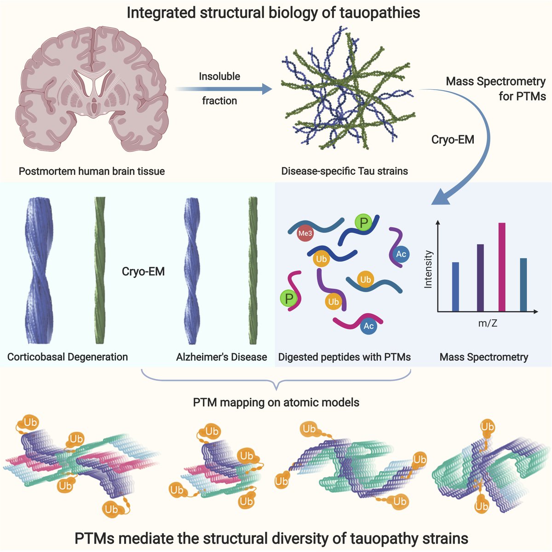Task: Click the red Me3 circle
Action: (x=305, y=233)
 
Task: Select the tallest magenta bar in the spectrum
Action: (x=502, y=267)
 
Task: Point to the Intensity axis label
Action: (x=428, y=269)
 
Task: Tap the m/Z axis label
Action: (x=488, y=323)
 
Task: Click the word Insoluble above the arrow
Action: (x=219, y=76)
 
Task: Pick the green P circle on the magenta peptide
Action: (x=289, y=299)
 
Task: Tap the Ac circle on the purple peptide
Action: (x=401, y=254)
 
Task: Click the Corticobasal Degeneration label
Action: (x=68, y=357)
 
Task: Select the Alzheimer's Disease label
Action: (x=221, y=357)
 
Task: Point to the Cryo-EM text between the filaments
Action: (x=143, y=271)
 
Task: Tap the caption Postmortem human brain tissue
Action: (x=92, y=172)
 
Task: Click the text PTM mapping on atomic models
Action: (x=276, y=402)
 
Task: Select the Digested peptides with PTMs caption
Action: (x=344, y=357)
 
